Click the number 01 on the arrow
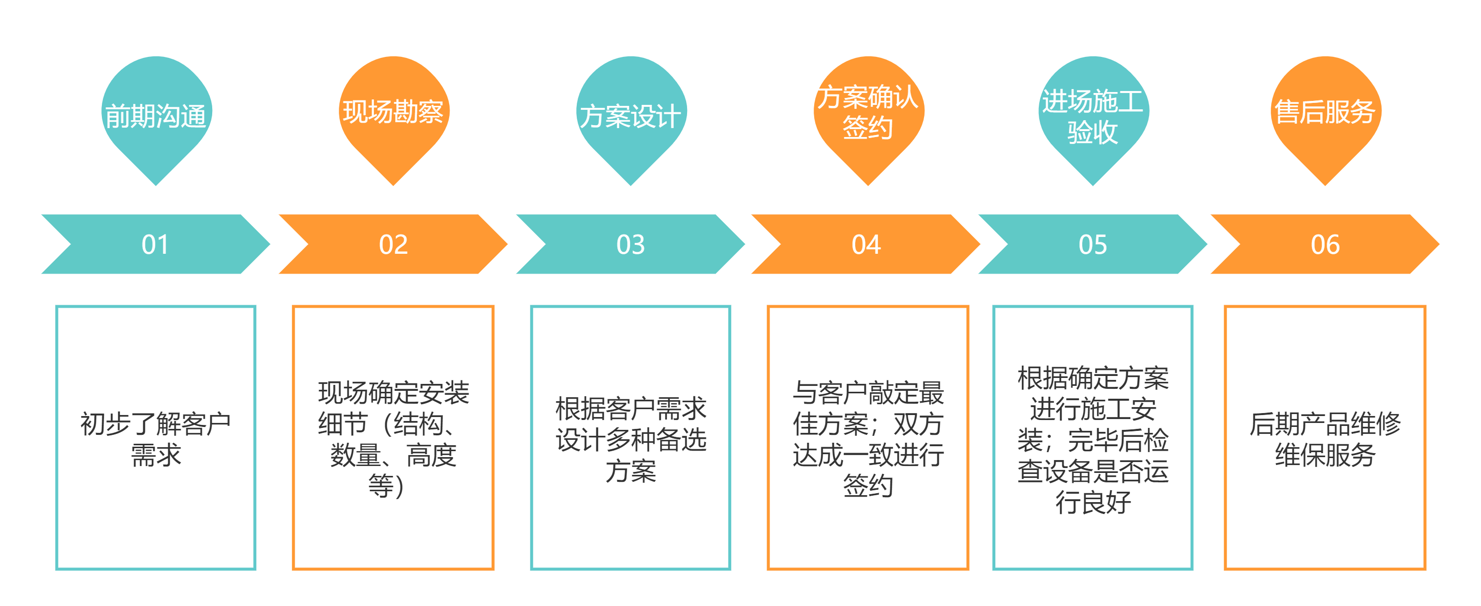point(155,245)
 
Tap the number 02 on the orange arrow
point(393,245)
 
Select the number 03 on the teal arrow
point(631,245)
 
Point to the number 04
point(867,245)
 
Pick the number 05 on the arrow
point(1093,245)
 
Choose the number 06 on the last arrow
point(1325,245)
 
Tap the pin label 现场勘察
point(393,111)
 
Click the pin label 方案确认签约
point(868,112)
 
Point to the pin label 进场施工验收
point(1093,117)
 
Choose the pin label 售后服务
point(1325,111)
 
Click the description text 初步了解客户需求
point(155,439)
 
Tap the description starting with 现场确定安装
point(393,439)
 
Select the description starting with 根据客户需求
point(631,439)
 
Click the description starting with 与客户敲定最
point(868,439)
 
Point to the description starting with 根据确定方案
point(1093,439)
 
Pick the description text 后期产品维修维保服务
point(1325,439)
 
